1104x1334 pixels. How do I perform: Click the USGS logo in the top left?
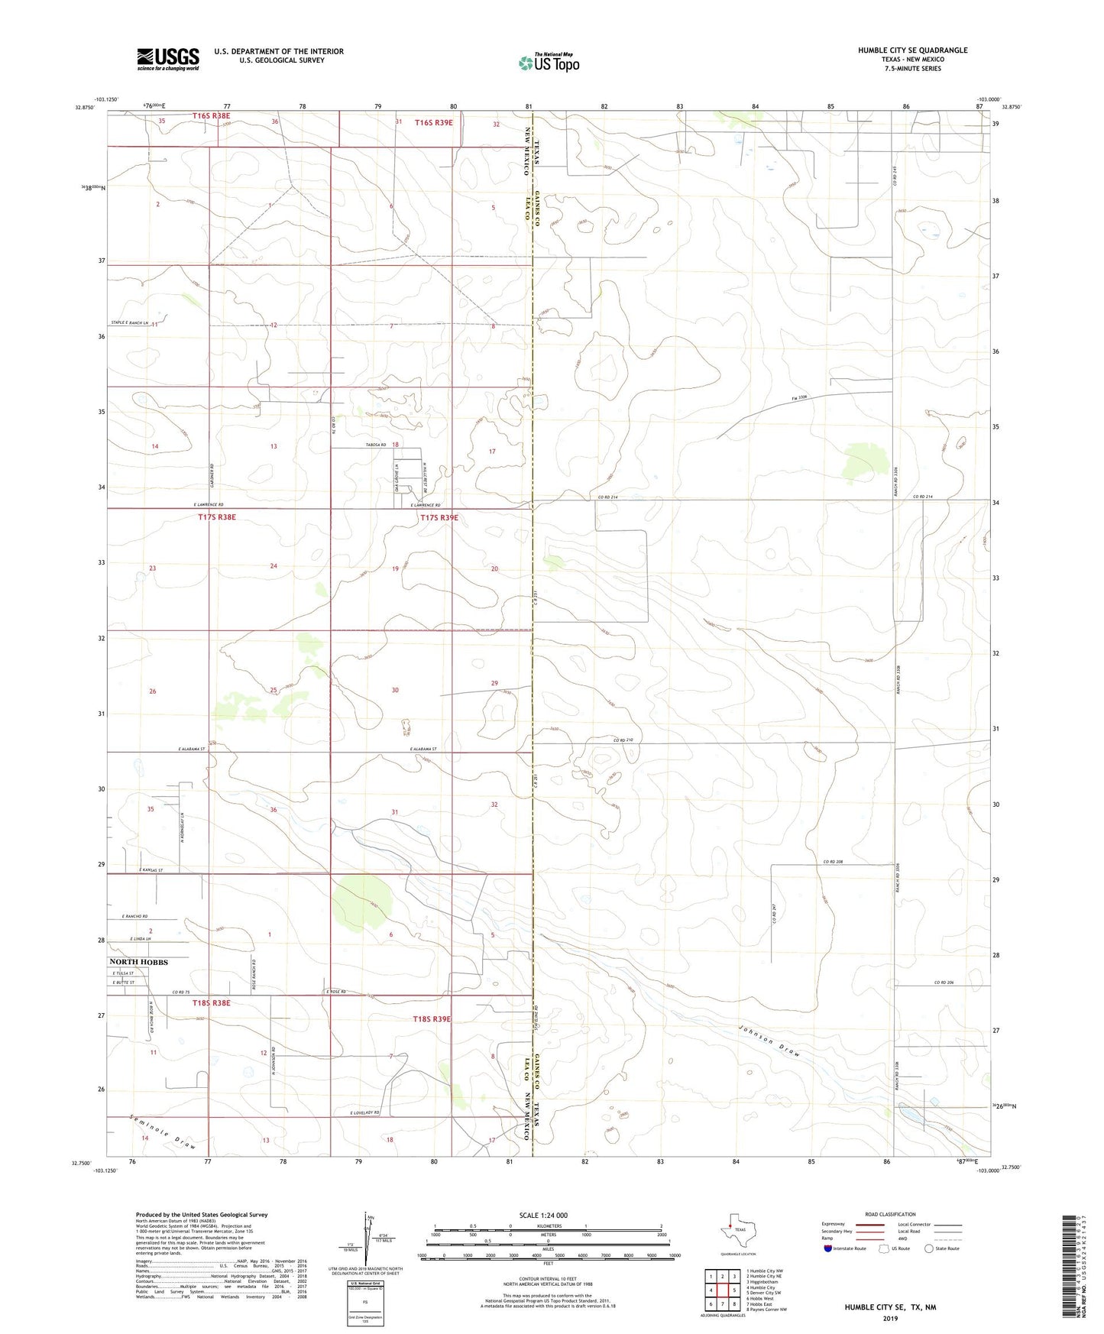pos(168,58)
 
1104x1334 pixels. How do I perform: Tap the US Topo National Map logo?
pos(549,63)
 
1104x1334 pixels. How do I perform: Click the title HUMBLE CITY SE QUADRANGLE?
pos(912,50)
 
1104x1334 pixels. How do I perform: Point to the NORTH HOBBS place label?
pos(139,962)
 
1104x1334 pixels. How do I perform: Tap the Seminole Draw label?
pos(162,1132)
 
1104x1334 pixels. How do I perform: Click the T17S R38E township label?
pos(217,517)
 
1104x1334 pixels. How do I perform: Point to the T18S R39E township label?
pos(432,1019)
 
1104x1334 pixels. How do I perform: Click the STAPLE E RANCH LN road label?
pos(128,324)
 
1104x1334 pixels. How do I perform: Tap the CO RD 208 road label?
pos(834,862)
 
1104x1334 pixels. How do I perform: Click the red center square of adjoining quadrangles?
pos(722,1290)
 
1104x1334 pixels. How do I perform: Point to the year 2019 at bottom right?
pos(889,1318)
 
